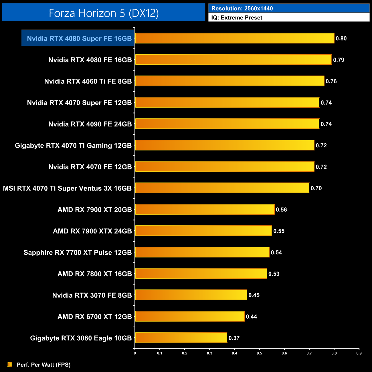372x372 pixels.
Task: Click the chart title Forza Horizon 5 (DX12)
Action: pos(104,13)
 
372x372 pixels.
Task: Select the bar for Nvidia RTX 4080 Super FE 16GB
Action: pos(234,38)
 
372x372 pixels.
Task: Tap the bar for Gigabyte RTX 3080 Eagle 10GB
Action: pos(181,338)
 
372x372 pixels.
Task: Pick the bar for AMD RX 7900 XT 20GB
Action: pos(205,209)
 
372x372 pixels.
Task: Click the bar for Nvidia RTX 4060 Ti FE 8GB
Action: pos(229,81)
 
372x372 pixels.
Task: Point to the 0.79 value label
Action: pos(339,60)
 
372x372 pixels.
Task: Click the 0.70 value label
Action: pos(316,188)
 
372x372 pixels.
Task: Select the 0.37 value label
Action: pos(234,338)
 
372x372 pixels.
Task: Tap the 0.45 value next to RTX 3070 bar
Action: pos(254,295)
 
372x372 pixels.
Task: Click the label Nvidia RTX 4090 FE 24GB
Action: pos(90,124)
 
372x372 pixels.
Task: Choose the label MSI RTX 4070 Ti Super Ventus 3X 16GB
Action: pos(67,188)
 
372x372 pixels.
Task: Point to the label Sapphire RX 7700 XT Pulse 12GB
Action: pos(78,252)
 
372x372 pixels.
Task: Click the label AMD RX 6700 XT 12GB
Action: pos(94,317)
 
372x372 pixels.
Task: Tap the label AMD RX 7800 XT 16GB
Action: pos(94,274)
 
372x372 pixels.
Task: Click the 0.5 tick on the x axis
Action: pos(259,353)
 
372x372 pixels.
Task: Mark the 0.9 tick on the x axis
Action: pos(359,353)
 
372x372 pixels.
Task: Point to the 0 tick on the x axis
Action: pos(135,353)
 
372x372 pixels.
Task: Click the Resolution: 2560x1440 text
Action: pos(242,9)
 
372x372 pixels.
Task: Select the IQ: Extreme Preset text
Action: pos(237,18)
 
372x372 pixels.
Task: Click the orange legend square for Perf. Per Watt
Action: pos(10,364)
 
